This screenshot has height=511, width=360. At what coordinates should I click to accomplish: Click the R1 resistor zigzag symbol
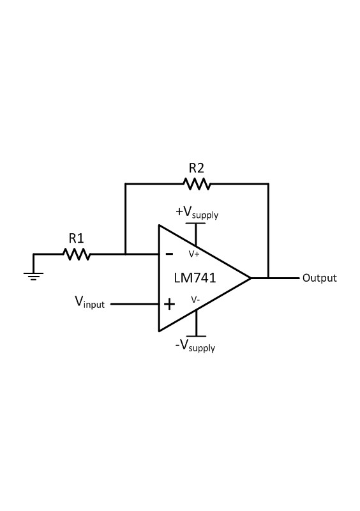(77, 254)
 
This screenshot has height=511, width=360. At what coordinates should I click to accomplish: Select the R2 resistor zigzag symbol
(197, 184)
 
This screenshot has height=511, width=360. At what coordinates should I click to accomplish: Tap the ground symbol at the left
(34, 275)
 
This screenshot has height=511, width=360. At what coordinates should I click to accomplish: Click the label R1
(77, 238)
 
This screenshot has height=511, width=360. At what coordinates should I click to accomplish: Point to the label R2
(197, 168)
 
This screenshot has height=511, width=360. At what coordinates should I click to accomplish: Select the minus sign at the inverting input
(169, 254)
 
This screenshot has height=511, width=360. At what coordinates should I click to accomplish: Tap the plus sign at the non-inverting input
(169, 303)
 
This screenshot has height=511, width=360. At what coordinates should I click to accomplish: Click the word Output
(319, 278)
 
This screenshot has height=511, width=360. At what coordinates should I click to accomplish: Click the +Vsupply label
(197, 212)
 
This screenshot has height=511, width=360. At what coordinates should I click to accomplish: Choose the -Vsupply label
(196, 347)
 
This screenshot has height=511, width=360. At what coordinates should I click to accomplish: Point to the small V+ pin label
(194, 254)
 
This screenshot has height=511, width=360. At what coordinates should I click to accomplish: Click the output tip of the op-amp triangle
(250, 278)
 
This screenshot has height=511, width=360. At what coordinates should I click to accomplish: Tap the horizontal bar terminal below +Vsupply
(196, 223)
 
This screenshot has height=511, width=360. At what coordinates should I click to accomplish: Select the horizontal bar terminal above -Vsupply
(196, 335)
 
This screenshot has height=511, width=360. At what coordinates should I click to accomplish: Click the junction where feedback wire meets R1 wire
(125, 254)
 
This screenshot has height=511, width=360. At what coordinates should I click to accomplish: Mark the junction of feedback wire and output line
(269, 278)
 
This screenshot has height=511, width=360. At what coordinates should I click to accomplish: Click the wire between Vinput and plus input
(135, 304)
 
